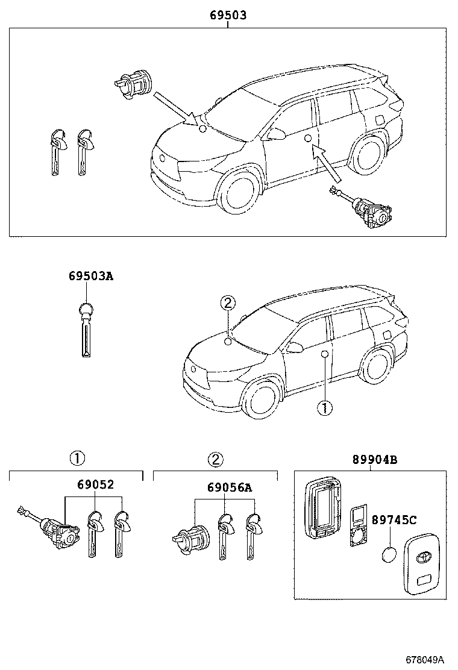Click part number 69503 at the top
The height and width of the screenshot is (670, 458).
click(228, 16)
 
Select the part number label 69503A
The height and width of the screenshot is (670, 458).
click(90, 277)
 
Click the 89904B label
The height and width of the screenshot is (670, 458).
click(375, 460)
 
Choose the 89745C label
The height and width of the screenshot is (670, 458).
click(394, 519)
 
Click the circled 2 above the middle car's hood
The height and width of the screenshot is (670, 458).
click(227, 303)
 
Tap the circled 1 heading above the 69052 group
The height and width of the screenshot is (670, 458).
click(77, 459)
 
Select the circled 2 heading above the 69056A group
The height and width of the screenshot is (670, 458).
click(215, 460)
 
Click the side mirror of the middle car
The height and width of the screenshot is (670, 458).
click(295, 347)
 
